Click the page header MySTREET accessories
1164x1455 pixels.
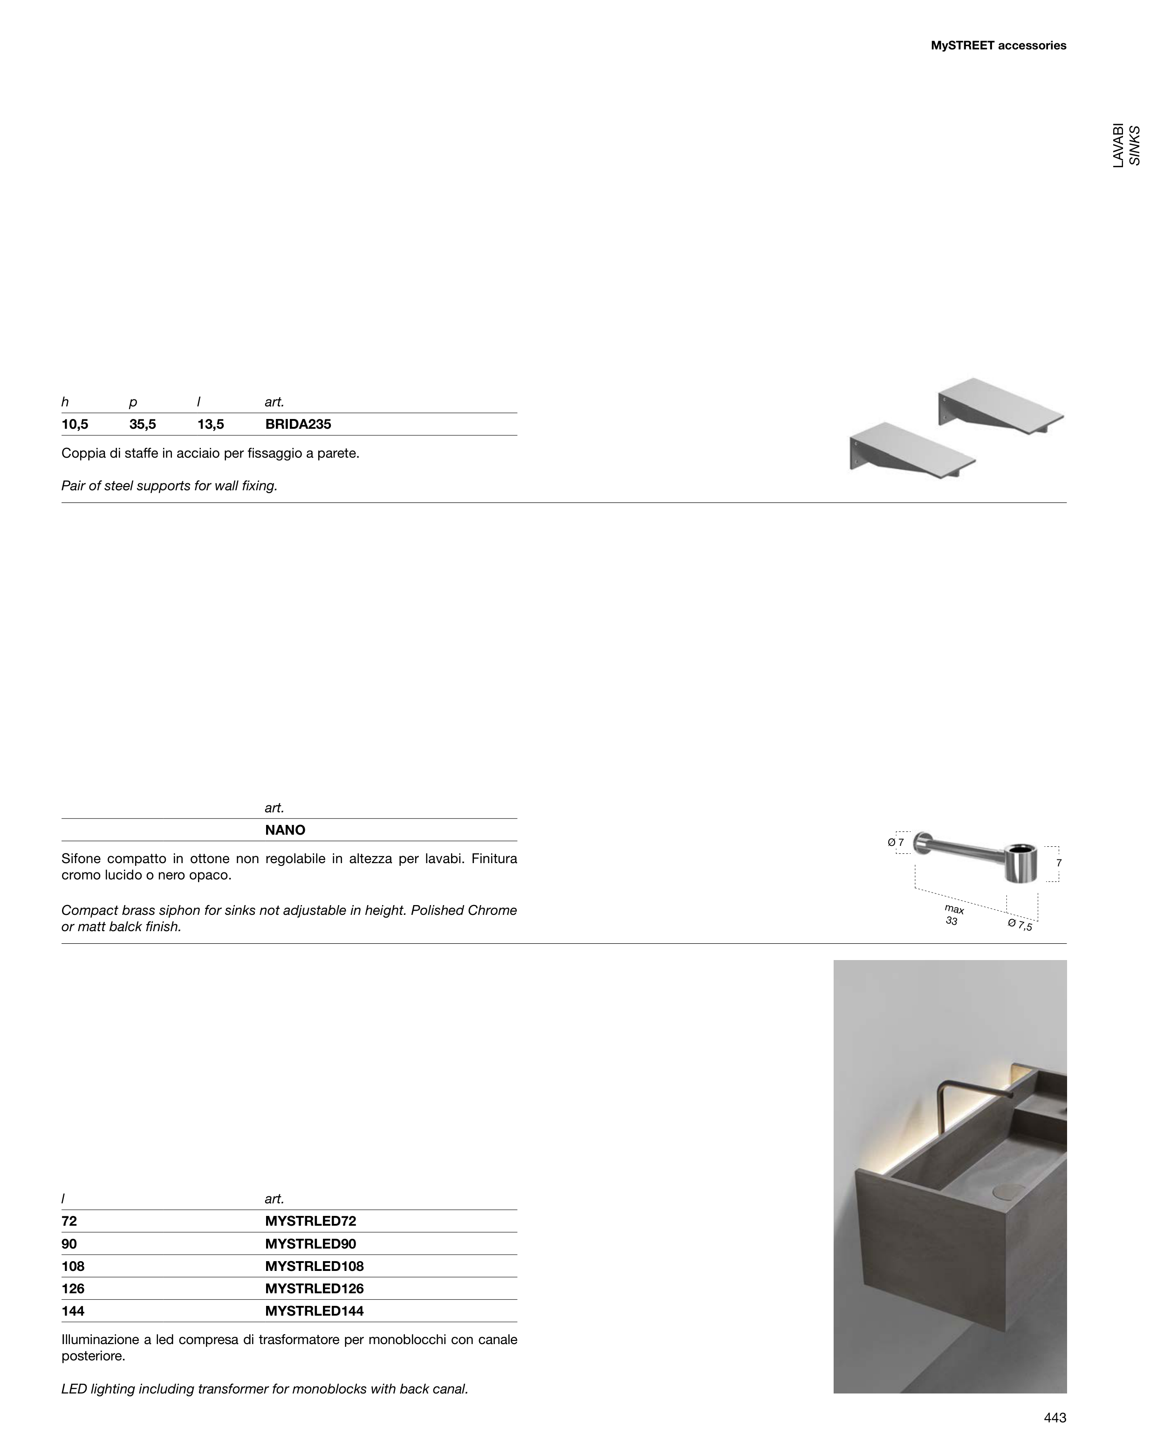(x=998, y=46)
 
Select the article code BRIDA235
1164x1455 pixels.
(x=298, y=425)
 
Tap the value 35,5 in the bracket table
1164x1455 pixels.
(x=143, y=425)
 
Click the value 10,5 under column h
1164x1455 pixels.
(x=75, y=425)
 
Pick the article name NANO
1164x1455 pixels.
(x=285, y=830)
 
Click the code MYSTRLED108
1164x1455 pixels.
(x=314, y=1267)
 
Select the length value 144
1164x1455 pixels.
(x=73, y=1311)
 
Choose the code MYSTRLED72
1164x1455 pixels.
(x=310, y=1222)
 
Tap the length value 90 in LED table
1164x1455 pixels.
(x=69, y=1244)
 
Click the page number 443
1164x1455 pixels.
(x=1054, y=1418)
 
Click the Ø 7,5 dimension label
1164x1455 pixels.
(x=1020, y=925)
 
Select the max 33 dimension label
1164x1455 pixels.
(x=953, y=915)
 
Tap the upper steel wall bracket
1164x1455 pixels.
(x=1001, y=405)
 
